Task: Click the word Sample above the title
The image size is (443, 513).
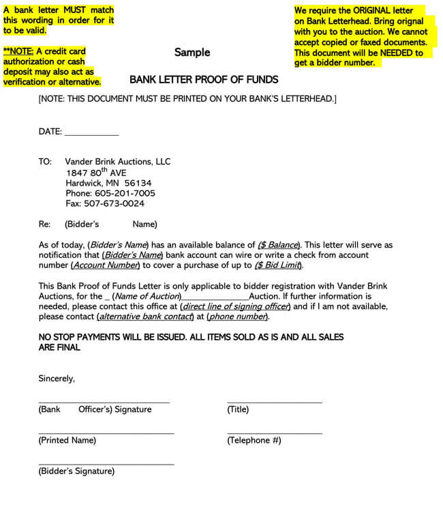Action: (x=192, y=53)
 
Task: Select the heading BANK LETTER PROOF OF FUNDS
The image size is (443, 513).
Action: (x=204, y=80)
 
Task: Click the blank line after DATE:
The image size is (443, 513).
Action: (x=91, y=132)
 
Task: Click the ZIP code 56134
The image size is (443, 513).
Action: (x=138, y=183)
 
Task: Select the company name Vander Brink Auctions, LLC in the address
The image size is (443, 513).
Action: (x=118, y=162)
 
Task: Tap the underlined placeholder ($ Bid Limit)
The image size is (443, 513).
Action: (x=278, y=265)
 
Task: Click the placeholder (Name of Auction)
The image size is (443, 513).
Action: (x=147, y=297)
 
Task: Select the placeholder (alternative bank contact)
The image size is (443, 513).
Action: (x=146, y=317)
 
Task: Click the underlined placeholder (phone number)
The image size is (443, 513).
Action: (x=238, y=317)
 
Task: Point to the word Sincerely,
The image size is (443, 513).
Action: (x=57, y=379)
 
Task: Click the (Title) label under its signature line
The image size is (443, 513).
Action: (x=238, y=409)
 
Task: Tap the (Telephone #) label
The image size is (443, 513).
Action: (x=254, y=441)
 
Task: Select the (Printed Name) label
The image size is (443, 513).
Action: (x=67, y=441)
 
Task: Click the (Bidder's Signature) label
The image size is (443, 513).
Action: (x=76, y=471)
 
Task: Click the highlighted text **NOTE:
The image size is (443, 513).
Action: (x=18, y=52)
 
